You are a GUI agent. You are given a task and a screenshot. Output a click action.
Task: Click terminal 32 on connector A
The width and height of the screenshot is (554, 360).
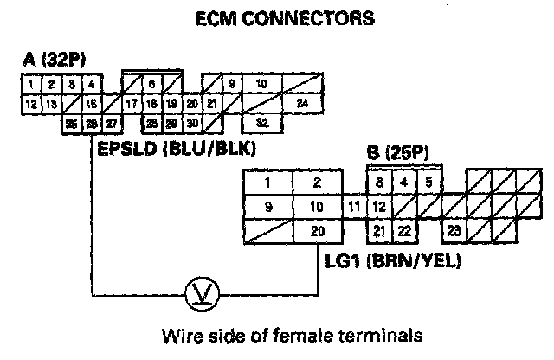262,124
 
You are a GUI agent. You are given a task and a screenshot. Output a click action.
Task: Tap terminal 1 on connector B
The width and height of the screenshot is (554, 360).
268,183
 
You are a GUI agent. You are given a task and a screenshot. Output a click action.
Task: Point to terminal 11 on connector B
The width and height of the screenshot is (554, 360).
354,206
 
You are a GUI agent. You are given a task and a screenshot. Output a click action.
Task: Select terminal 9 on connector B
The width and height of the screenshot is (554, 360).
268,206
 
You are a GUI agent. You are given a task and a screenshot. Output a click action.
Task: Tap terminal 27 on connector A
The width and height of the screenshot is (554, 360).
110,124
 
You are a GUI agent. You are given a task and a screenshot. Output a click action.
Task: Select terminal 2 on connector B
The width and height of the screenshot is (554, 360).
318,183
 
